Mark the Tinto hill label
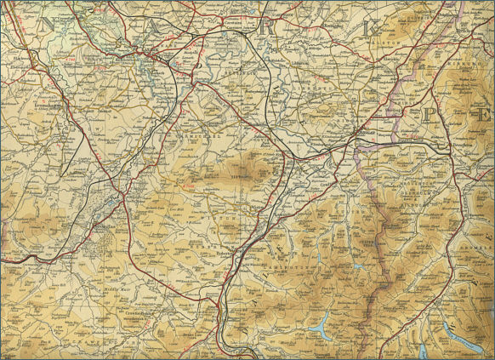(x=220, y=177)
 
